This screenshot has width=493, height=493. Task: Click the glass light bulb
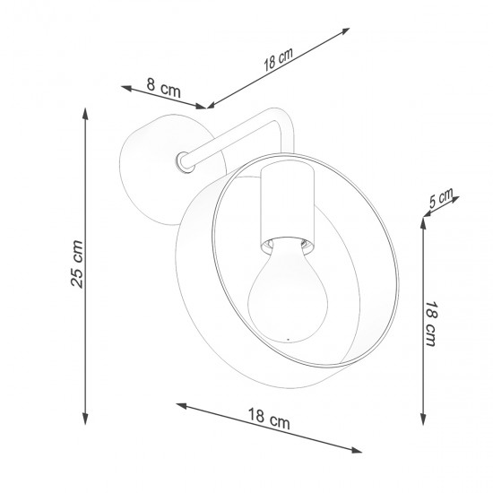pos(282,291)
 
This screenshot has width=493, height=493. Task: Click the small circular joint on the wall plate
pos(184,160)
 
